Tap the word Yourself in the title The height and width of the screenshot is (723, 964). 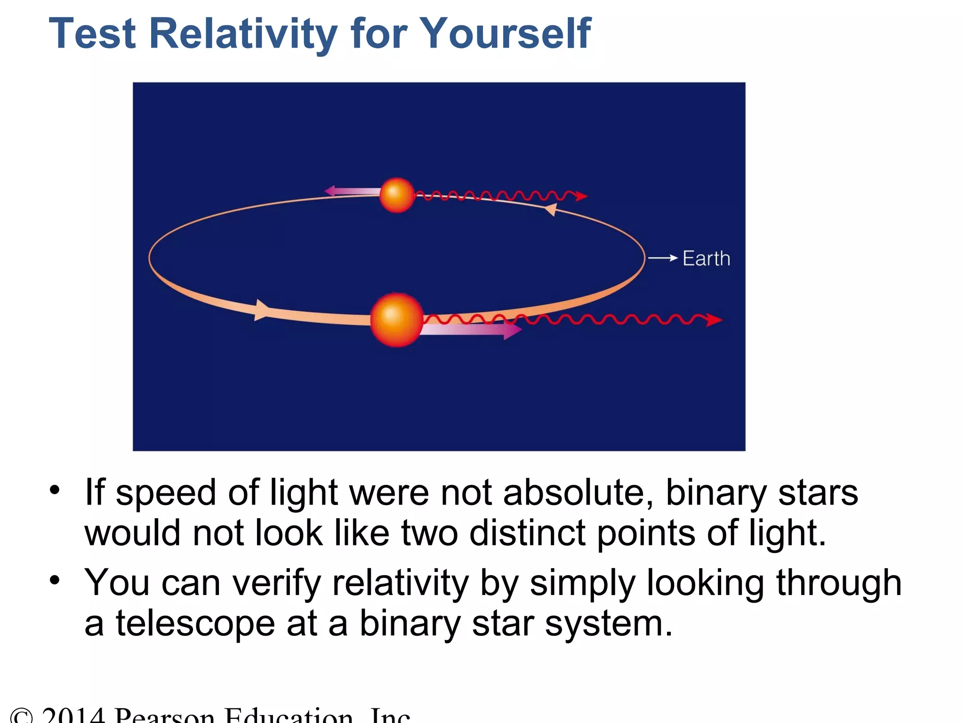[505, 34]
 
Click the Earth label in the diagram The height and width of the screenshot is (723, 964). [706, 259]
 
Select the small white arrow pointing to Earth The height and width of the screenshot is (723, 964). [663, 258]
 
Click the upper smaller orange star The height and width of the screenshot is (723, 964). [397, 195]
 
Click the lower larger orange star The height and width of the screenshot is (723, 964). [397, 320]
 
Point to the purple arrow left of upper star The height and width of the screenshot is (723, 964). [351, 191]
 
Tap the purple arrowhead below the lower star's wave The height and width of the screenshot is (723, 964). [512, 330]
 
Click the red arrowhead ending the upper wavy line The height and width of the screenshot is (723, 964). [582, 196]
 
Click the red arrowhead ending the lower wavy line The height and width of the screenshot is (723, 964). [715, 320]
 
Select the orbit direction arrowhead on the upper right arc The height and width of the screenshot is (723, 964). [551, 209]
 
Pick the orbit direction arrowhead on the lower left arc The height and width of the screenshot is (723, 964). [261, 310]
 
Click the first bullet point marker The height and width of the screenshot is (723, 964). [55, 490]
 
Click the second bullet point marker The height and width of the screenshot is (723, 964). [55, 580]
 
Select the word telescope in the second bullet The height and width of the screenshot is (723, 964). [195, 624]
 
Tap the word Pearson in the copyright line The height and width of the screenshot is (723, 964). [165, 715]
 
